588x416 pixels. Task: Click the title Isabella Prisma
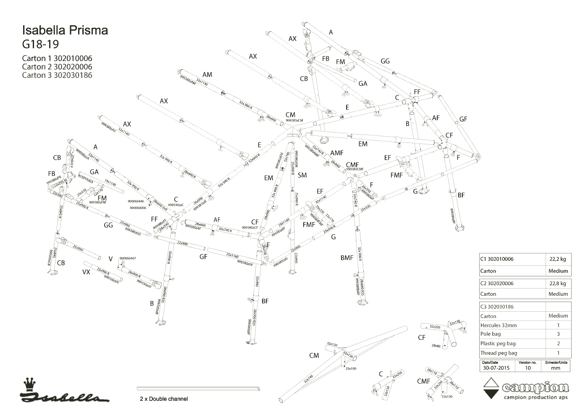click(x=65, y=30)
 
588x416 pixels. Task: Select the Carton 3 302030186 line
click(x=57, y=75)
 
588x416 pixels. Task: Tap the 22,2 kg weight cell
click(x=558, y=259)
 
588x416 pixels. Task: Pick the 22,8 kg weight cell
click(x=558, y=284)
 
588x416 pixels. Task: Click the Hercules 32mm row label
click(x=499, y=325)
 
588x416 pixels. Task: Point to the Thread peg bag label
click(x=499, y=353)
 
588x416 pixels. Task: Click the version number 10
click(x=528, y=368)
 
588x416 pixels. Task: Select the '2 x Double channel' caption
click(x=164, y=399)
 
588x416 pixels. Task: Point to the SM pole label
click(x=302, y=175)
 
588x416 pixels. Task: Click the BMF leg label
click(x=347, y=257)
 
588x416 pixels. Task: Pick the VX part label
click(x=86, y=272)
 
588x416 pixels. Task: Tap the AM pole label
click(x=207, y=75)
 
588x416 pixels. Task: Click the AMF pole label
click(x=336, y=153)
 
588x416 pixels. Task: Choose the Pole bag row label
click(x=491, y=334)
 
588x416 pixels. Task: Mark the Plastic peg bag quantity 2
click(x=558, y=343)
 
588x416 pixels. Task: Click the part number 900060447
click(x=128, y=258)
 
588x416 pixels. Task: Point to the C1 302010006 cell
click(x=497, y=259)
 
